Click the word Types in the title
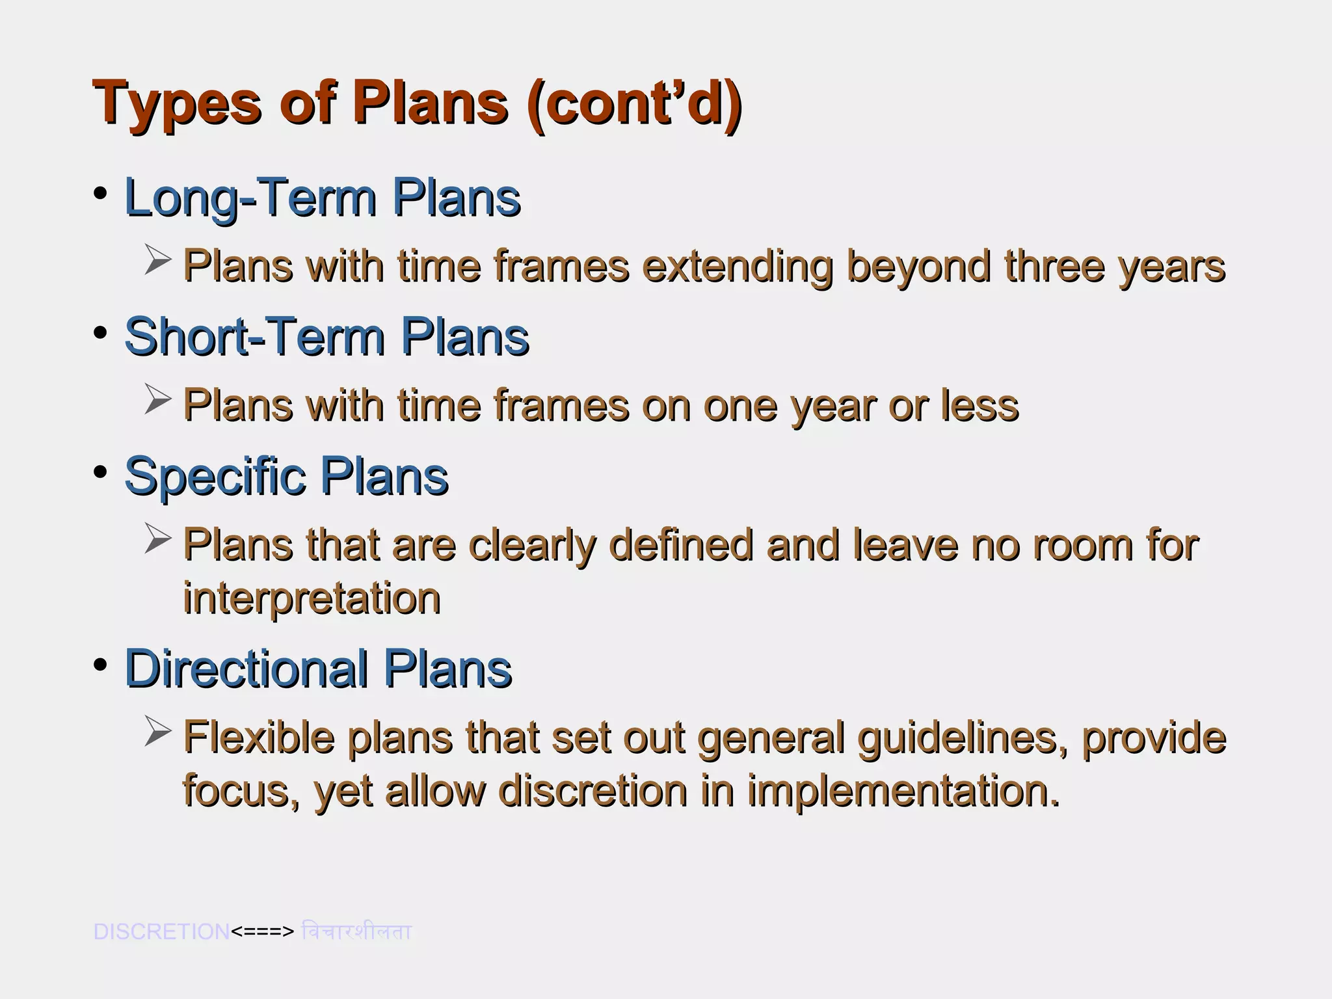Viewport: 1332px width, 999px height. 176,104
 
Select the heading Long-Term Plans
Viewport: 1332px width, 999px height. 322,198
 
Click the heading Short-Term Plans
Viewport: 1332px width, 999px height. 326,337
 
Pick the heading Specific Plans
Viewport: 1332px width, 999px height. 286,476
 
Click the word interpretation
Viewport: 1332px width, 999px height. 312,598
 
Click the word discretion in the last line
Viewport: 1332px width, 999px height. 593,791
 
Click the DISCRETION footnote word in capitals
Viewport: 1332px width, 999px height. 161,931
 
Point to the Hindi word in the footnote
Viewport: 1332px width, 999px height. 356,931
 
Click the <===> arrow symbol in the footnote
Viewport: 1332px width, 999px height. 263,932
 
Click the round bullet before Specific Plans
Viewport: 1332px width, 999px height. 100,472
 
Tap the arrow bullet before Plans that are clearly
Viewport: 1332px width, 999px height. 158,539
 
